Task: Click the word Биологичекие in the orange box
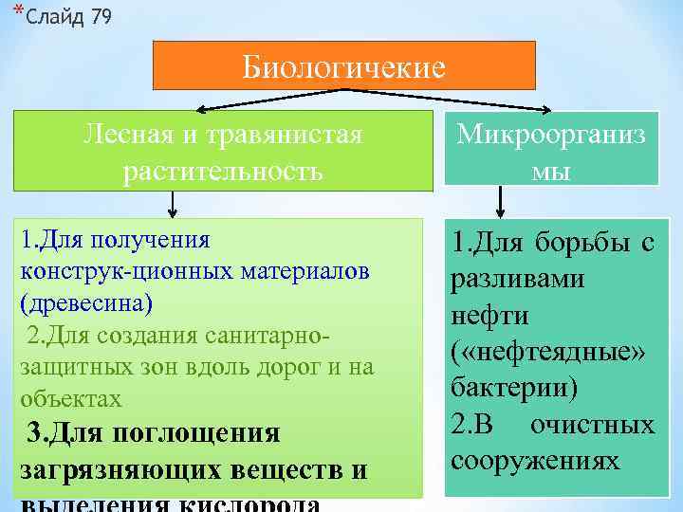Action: tap(343, 67)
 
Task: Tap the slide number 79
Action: tap(100, 18)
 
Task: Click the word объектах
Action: tap(70, 399)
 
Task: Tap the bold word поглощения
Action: tap(196, 433)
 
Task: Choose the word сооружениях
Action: tap(534, 461)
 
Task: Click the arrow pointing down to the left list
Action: tap(172, 204)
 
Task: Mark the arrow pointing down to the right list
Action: tap(500, 204)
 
